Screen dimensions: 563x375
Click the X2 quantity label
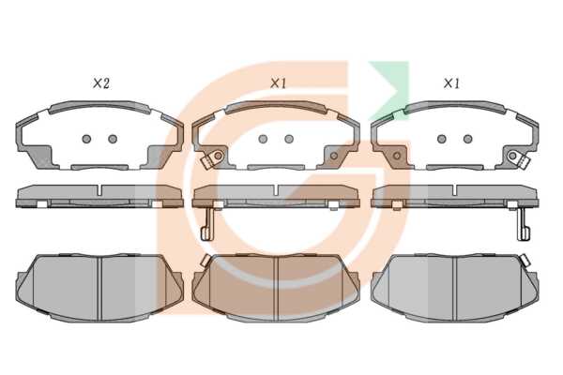(101, 84)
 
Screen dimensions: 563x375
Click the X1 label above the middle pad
(278, 84)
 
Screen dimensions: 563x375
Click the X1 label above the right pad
(451, 84)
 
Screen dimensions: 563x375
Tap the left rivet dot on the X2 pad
(86, 139)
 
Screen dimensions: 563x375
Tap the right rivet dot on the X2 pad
(113, 139)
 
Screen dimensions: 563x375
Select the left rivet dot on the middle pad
(263, 139)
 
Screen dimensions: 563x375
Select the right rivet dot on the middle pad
(289, 139)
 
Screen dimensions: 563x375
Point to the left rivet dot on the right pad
(442, 139)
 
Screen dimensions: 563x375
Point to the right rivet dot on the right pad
(467, 139)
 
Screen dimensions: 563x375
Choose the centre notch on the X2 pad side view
(99, 190)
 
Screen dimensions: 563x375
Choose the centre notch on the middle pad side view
(276, 190)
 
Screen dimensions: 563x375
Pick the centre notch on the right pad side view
(454, 190)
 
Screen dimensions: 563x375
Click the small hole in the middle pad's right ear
(334, 156)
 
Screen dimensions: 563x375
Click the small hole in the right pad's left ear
(397, 156)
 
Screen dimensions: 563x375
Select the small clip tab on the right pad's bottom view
(525, 260)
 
